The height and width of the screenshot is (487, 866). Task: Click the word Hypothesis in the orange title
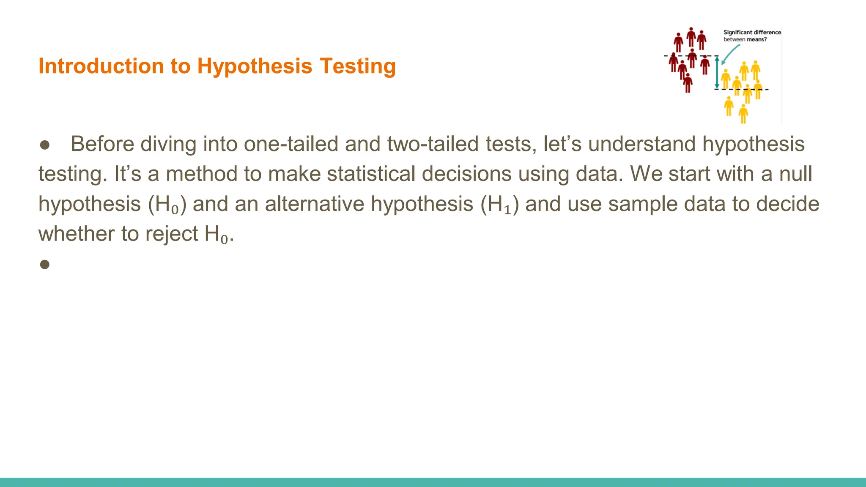point(255,66)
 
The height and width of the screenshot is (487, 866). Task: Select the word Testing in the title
point(358,66)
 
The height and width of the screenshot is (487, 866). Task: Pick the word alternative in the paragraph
point(315,204)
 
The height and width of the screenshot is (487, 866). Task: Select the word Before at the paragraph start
point(102,144)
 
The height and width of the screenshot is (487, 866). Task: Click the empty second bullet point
point(45,265)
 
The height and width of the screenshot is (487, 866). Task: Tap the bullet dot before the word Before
point(45,145)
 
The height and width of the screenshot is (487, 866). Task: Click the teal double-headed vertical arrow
point(717,73)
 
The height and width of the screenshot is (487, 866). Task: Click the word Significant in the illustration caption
point(737,32)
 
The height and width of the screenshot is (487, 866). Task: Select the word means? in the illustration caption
point(756,40)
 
